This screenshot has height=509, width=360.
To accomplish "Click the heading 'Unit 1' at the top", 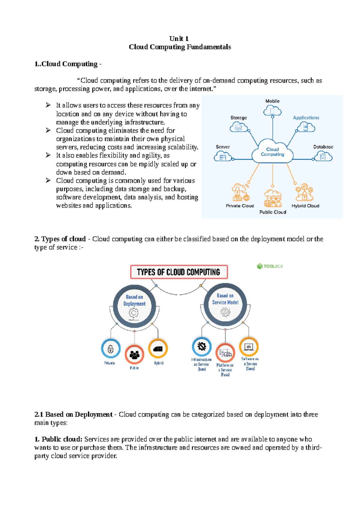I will [x=179, y=38].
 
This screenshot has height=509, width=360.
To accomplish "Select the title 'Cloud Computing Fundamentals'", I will [x=180, y=47].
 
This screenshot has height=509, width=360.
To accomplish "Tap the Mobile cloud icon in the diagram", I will [x=272, y=111].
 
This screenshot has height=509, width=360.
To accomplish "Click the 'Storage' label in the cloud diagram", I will [x=238, y=118].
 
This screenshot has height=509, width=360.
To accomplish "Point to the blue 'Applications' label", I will [x=306, y=118].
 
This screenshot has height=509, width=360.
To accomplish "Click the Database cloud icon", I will [x=323, y=156].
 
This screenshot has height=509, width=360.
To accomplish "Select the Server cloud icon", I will [x=223, y=156].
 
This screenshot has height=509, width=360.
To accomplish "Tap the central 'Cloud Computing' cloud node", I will [x=272, y=152].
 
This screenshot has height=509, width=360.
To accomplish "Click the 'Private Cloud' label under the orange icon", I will [x=240, y=206].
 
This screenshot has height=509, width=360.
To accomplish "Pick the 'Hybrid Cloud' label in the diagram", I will [x=305, y=206].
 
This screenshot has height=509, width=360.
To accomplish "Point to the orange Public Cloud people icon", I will [x=273, y=198].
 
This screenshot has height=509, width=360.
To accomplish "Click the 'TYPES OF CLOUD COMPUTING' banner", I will [x=179, y=272].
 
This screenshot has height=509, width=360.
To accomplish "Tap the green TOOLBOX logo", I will [x=270, y=266].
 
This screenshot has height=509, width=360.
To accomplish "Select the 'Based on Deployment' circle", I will [x=134, y=306].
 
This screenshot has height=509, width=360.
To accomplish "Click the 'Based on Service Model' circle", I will [x=225, y=305].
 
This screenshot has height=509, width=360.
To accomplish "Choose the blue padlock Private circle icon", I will [x=111, y=349].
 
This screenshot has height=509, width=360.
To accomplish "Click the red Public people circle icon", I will [x=134, y=355].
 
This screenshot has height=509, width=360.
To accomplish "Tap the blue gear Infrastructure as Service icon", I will [x=202, y=347].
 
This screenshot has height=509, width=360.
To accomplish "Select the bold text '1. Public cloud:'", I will [x=58, y=439].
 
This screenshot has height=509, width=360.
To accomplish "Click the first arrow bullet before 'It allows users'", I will [x=48, y=105].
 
